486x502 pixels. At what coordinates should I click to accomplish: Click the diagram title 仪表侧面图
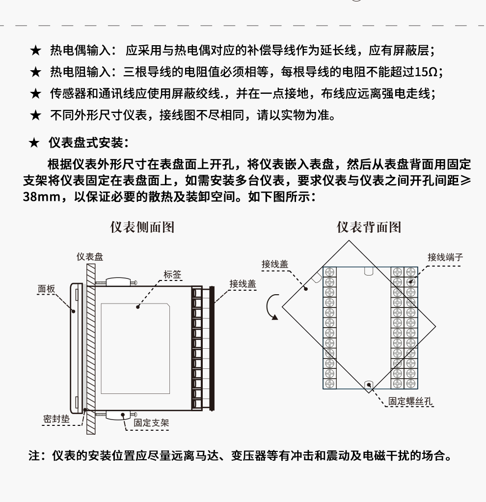[x=142, y=227]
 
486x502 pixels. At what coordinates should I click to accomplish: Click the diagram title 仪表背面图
[x=369, y=227]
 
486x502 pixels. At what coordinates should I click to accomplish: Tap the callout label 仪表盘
[x=90, y=257]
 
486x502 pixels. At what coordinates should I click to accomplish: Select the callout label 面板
[x=47, y=289]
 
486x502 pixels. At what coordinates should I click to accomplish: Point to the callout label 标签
[x=172, y=275]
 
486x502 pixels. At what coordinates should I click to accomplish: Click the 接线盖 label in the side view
[x=243, y=283]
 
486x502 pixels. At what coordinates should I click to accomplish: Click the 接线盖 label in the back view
[x=275, y=264]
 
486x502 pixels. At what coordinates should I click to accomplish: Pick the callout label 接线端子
[x=445, y=257]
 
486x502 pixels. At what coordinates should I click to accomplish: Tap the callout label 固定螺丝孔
[x=411, y=401]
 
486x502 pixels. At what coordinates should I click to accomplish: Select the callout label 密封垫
[x=56, y=419]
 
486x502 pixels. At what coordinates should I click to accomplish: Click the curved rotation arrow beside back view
[x=272, y=307]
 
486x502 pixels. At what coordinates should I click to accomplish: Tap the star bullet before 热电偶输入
[x=35, y=51]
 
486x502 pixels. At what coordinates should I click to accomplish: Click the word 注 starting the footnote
[x=33, y=456]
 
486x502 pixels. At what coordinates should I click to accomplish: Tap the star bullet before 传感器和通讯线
[x=35, y=94]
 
